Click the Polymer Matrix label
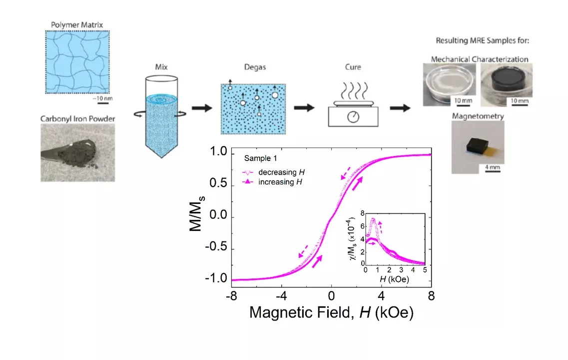click(x=77, y=25)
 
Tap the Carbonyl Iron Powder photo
click(x=77, y=152)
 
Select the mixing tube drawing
click(x=161, y=116)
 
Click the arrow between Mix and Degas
click(x=202, y=107)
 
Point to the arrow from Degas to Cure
click(x=304, y=107)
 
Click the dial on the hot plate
click(x=353, y=116)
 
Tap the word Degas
click(x=255, y=67)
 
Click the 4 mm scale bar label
click(x=492, y=167)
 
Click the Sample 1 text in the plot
click(x=260, y=158)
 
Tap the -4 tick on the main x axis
click(x=281, y=296)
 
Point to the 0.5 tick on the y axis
click(x=218, y=183)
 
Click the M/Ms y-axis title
click(x=197, y=214)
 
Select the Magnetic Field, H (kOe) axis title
click(x=331, y=312)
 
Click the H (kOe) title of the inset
click(x=395, y=279)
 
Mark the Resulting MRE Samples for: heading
click(x=482, y=40)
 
